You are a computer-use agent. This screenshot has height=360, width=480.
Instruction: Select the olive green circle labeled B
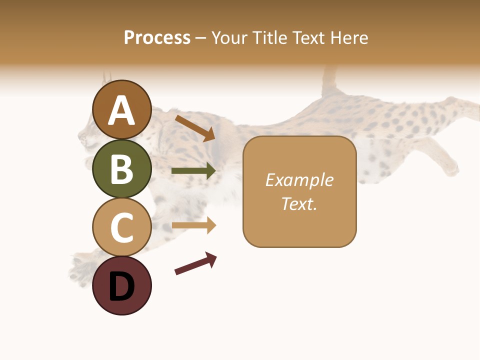[x=122, y=168]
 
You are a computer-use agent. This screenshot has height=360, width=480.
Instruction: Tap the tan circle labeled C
[x=122, y=227]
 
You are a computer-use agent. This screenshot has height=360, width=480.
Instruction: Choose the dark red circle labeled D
[x=122, y=285]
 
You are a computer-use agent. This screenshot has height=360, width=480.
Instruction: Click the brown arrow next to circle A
[x=195, y=128]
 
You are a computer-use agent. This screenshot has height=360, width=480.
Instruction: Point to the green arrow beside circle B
[x=194, y=171]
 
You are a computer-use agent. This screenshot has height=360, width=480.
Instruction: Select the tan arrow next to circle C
[x=194, y=225]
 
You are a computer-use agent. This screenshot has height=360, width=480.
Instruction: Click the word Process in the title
[x=157, y=37]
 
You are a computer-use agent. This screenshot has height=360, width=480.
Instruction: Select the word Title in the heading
[x=270, y=37]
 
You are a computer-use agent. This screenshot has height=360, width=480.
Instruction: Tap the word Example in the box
[x=299, y=180]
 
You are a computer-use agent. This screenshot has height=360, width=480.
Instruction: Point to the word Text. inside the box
[x=299, y=203]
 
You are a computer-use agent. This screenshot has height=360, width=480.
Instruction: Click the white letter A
[x=122, y=111]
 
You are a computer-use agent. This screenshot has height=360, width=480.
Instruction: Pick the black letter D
[x=122, y=286]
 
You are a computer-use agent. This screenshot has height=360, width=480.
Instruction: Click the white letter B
[x=122, y=169]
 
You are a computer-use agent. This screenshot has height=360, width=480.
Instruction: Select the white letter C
[x=122, y=227]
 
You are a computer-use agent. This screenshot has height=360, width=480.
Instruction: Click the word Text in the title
[x=308, y=37]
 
